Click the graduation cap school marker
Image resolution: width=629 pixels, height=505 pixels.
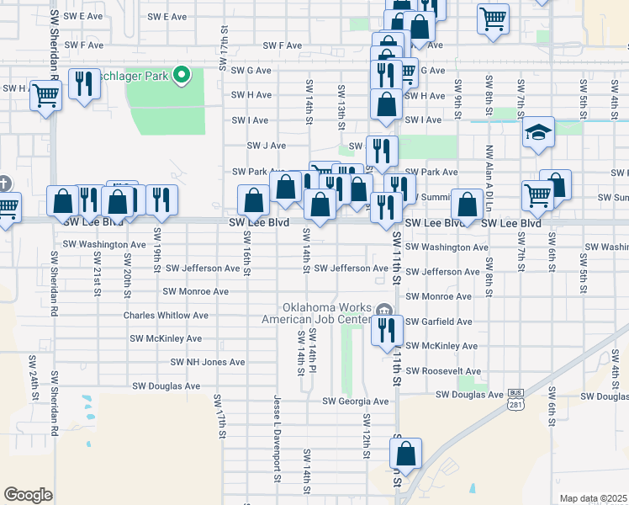(538, 133)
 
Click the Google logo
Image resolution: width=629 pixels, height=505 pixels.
(28, 495)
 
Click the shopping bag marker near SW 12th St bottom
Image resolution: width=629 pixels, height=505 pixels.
(405, 455)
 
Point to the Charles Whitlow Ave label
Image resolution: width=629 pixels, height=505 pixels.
(166, 316)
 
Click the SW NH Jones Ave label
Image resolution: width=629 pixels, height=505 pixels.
(208, 362)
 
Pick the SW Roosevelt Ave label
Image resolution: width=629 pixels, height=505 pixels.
(443, 371)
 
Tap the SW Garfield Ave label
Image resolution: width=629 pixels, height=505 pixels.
(438, 322)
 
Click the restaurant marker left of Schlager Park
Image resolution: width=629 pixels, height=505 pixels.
(83, 83)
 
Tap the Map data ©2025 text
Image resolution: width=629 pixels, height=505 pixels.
(593, 499)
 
